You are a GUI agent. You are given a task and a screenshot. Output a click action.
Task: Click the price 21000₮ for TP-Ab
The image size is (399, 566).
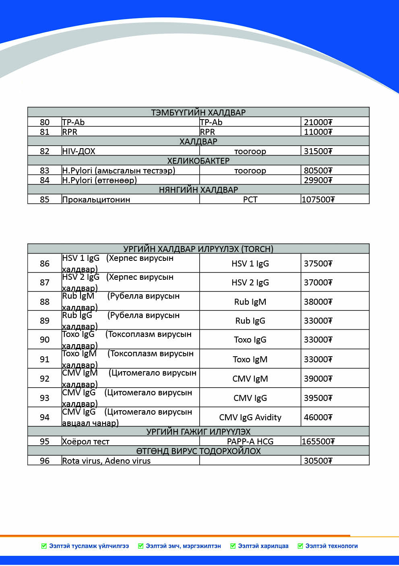coord(318,122)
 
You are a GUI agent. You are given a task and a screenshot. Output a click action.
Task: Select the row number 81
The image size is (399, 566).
coord(45,132)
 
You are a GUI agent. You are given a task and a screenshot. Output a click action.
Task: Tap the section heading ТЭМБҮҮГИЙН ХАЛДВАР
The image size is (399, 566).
coord(198,112)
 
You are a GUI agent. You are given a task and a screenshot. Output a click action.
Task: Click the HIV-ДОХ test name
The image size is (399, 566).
coord(79,151)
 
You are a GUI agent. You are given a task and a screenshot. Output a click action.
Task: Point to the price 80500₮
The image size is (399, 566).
coord(318,171)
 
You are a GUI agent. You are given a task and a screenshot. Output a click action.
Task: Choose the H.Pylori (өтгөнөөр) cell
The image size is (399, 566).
coord(99,180)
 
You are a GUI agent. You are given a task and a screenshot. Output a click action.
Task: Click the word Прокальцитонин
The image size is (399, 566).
coord(96,200)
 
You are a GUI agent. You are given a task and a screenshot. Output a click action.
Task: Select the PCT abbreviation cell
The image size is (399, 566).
coord(250,200)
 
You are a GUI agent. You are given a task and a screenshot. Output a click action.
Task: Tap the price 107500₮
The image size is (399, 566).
coord(318,200)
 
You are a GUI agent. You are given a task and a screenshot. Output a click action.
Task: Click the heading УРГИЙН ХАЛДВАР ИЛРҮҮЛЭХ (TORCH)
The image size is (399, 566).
coord(198,249)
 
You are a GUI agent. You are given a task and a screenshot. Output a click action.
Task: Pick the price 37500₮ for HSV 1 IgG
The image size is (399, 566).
coord(318,264)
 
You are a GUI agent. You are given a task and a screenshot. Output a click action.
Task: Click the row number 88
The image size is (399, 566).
coord(45,302)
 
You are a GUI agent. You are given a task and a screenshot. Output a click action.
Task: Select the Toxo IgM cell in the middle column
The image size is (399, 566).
coord(250,359)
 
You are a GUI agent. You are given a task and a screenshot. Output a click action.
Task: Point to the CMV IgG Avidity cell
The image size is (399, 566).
coord(250,417)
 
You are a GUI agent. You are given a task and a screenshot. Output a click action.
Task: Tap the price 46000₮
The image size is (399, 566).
coord(318,417)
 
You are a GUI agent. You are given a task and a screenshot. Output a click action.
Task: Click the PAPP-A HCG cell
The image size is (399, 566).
coord(250,442)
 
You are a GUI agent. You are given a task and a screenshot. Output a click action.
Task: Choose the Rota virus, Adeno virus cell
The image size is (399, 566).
coord(106,461)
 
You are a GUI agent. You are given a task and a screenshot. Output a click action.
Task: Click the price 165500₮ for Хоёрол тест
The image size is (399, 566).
coord(318,442)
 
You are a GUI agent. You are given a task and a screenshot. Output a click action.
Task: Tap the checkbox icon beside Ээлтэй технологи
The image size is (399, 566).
coord(300,546)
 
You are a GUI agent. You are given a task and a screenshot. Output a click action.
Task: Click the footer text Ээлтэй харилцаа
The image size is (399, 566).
coord(263,546)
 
